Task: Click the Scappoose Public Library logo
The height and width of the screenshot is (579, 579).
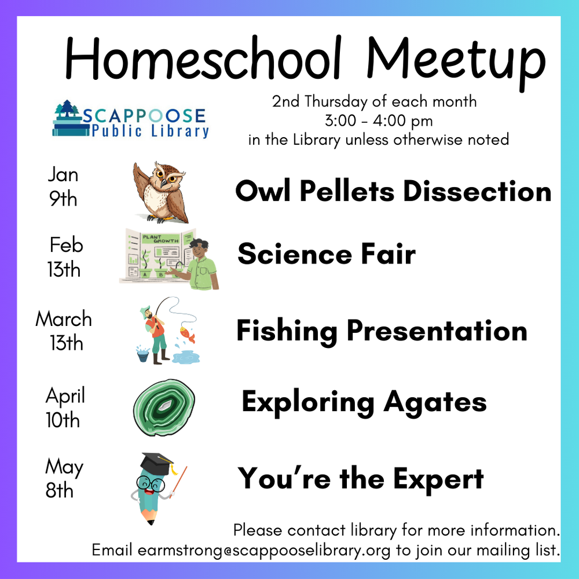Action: coord(130,119)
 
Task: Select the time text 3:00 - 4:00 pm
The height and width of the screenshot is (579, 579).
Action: coord(379,121)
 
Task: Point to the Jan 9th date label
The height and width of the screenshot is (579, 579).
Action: coord(63,186)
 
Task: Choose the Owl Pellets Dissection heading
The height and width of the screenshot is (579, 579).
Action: coord(393,191)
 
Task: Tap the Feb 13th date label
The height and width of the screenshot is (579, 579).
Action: coord(65,257)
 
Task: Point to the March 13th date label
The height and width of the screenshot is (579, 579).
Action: coord(64,331)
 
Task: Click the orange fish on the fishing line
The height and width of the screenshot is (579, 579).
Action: coord(187,335)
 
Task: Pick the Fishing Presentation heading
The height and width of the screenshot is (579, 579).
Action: coord(382,331)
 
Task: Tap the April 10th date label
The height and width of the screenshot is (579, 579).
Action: coord(64,408)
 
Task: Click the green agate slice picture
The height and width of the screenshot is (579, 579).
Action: coord(164,406)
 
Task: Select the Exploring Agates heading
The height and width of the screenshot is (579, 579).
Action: coord(364,401)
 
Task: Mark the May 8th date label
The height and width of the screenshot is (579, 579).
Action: coord(63,478)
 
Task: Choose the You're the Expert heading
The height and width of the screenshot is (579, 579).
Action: coord(361,479)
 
